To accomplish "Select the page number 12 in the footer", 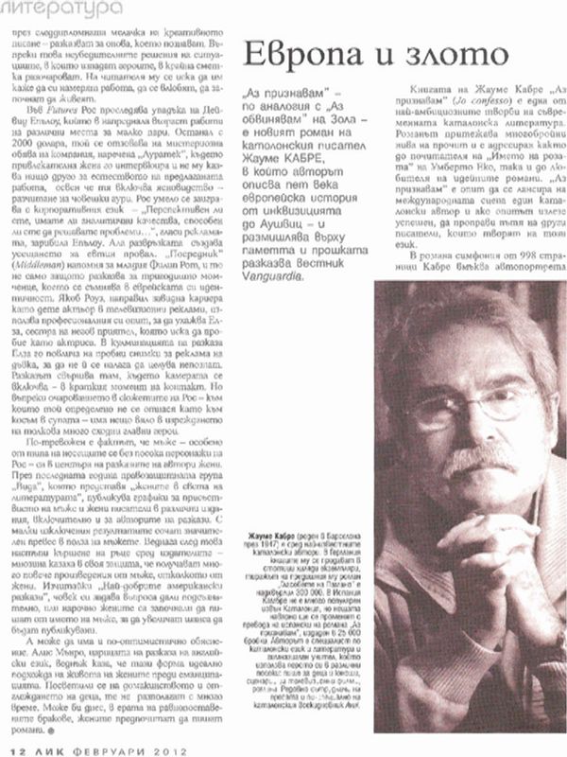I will tap(11, 748).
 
